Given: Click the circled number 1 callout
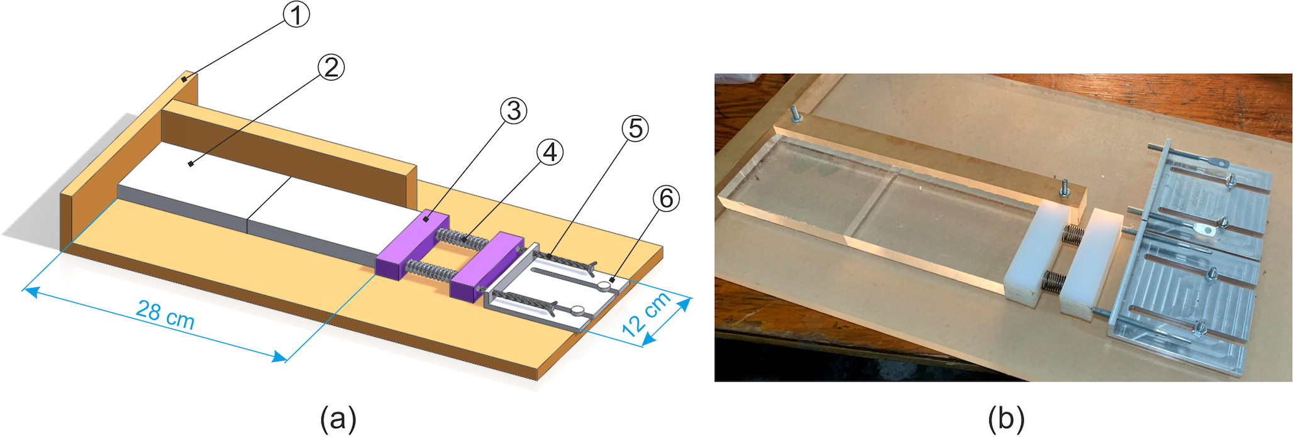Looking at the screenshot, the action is (296, 14).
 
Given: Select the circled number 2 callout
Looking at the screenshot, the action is (331, 67).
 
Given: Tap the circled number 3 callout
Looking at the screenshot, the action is (513, 111).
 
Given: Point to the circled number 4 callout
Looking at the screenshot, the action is (550, 152).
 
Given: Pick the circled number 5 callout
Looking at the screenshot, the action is (635, 128).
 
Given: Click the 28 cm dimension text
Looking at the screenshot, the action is (165, 314).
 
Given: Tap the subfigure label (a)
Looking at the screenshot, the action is (338, 418).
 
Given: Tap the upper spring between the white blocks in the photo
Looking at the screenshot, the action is (1072, 235).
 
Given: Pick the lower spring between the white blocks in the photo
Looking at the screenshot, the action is (1052, 280).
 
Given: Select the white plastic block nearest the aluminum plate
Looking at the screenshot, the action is (1089, 262).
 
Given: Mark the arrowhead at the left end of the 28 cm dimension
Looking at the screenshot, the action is (30, 291).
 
